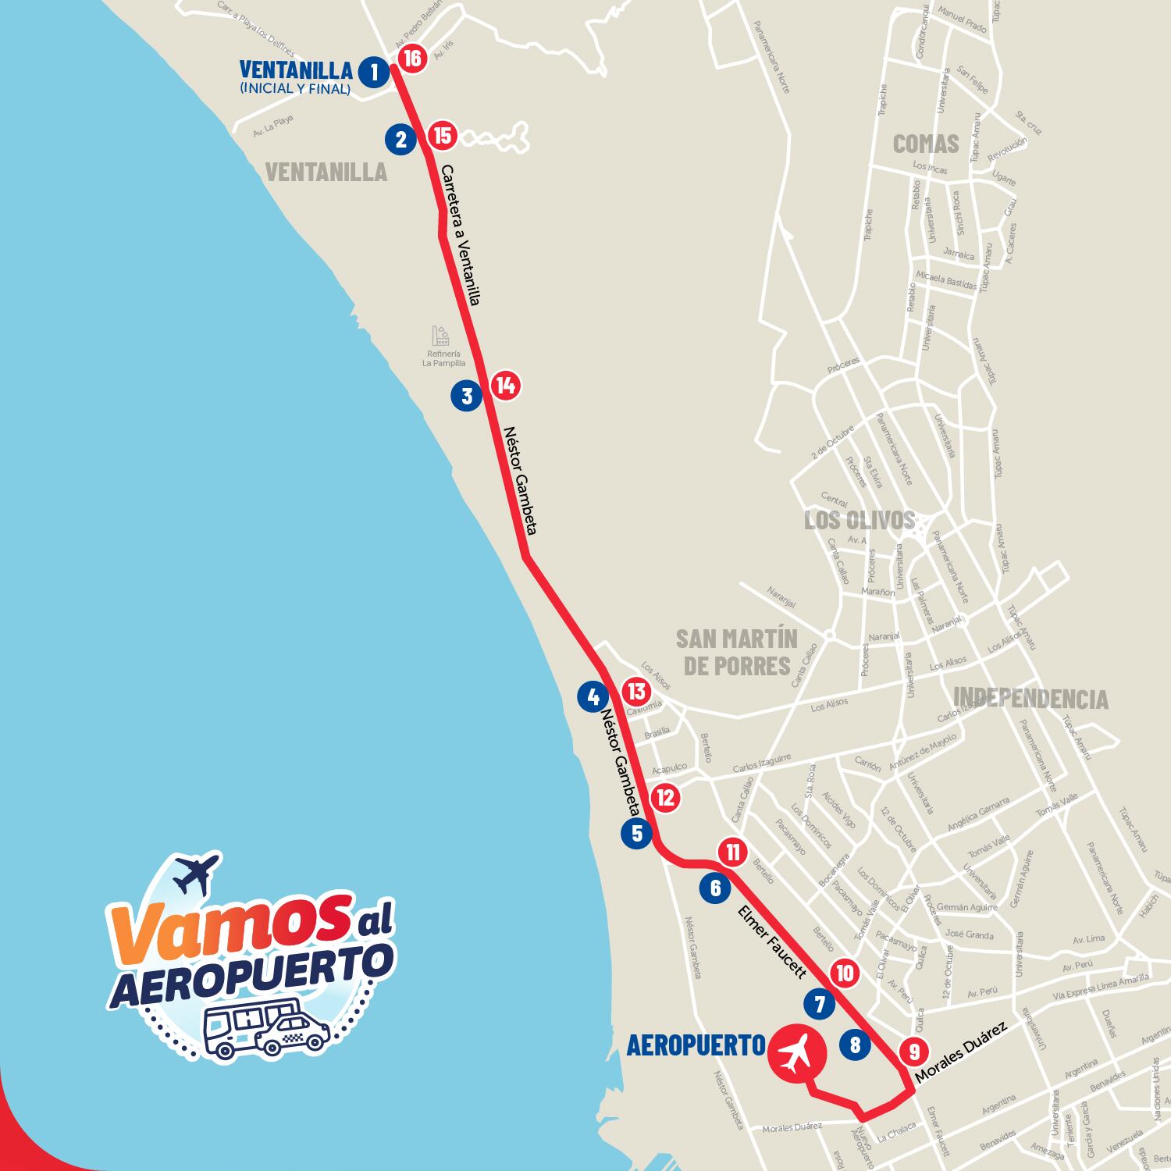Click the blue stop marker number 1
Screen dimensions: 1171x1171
pyautogui.click(x=374, y=73)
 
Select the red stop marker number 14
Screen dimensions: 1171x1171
pyautogui.click(x=505, y=385)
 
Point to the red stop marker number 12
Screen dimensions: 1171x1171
pyautogui.click(x=665, y=798)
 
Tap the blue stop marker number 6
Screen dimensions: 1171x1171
pyautogui.click(x=715, y=888)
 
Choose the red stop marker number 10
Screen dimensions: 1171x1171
pyautogui.click(x=844, y=973)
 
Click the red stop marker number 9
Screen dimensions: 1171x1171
pyautogui.click(x=913, y=1052)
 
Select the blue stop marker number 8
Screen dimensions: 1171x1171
pyautogui.click(x=855, y=1044)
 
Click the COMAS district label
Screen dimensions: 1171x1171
pyautogui.click(x=925, y=144)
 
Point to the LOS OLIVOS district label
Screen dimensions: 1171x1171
pyautogui.click(x=859, y=520)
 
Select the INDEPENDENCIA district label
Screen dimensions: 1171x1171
pyautogui.click(x=1030, y=698)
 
